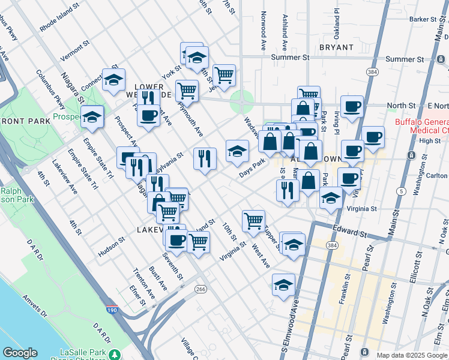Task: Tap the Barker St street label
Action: [x=423, y=19]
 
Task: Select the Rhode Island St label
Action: [x=59, y=19]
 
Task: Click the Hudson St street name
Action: [x=111, y=245]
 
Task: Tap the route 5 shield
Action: [x=399, y=191]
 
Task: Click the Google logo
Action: [x=20, y=353]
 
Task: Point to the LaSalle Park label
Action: [x=83, y=351]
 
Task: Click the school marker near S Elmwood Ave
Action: [x=283, y=285]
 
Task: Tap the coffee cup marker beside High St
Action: [x=373, y=136]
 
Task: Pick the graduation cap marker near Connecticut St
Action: [x=113, y=80]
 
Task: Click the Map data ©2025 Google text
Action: [x=412, y=355]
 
